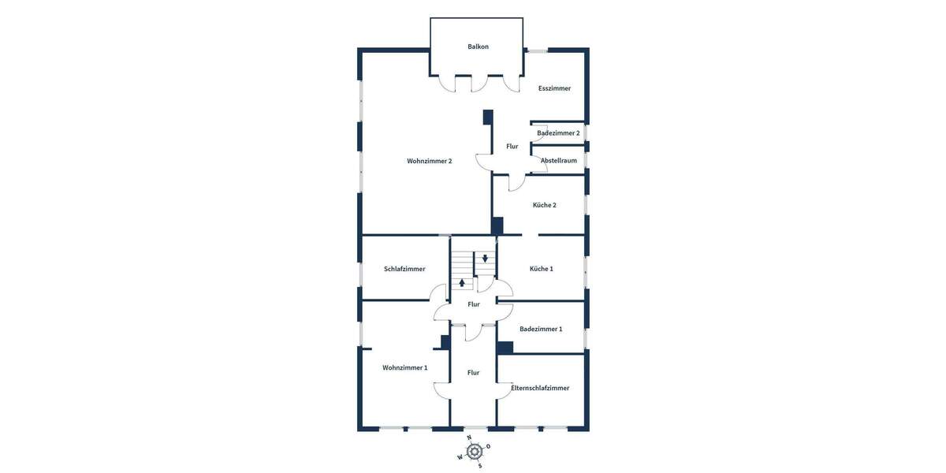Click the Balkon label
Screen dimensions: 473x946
coord(478,47)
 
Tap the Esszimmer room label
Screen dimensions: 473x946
coord(554,88)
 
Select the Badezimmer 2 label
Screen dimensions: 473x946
coord(558,133)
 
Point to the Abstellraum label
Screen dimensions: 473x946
coord(558,161)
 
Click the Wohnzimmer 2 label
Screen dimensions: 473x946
coord(429,162)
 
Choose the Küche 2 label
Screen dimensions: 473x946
coord(544,205)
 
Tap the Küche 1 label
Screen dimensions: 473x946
coord(541,269)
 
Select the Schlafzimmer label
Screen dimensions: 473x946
coord(404,269)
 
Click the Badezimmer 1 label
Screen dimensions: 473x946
coord(541,329)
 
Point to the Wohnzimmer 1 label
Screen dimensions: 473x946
coord(404,368)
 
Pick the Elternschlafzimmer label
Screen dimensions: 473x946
coord(540,388)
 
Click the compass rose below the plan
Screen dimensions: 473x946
coord(474,451)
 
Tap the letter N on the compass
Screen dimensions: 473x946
coord(469,438)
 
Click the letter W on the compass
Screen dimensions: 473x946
coord(460,457)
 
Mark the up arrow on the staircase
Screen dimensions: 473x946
coord(462,282)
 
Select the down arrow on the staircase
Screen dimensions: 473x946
coord(485,258)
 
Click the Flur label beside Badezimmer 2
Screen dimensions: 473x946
coord(512,147)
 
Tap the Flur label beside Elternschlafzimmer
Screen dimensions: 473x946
coord(473,373)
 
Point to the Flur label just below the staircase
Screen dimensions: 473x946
coord(473,304)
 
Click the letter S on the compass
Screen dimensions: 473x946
coord(479,465)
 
